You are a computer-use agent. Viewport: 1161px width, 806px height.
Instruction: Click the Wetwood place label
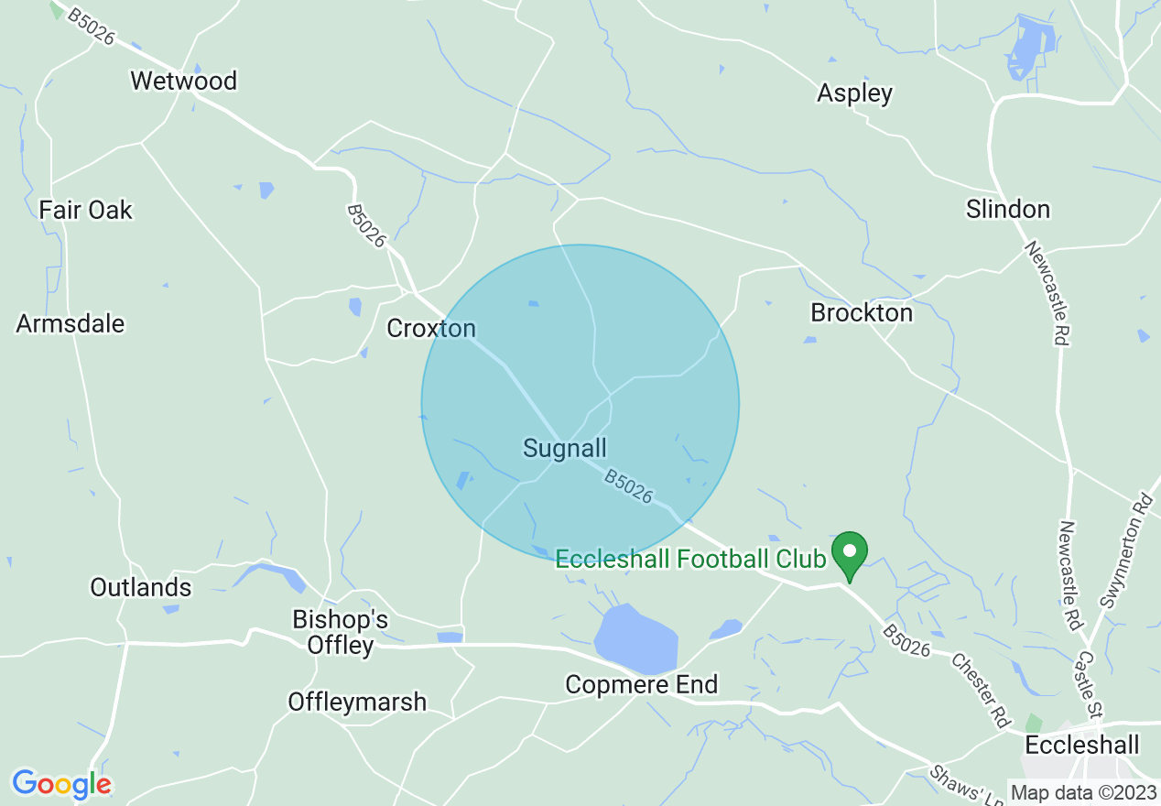(x=183, y=81)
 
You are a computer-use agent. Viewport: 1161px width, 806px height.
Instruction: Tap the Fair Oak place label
(x=85, y=210)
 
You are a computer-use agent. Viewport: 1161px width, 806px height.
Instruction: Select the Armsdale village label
(x=70, y=323)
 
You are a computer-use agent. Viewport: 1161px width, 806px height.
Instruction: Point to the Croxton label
(x=431, y=328)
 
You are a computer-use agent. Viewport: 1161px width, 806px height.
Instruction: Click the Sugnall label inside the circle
(x=564, y=448)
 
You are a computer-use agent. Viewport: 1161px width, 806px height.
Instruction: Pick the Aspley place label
(x=854, y=93)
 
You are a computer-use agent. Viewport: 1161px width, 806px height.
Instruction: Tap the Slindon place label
(x=1007, y=209)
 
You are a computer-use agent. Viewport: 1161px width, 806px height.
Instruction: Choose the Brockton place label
(x=862, y=312)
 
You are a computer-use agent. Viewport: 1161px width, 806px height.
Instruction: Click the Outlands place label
(x=140, y=587)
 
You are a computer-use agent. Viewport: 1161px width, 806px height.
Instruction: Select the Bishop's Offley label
(x=340, y=632)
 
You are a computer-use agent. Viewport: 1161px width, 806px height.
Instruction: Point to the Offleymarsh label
(x=357, y=702)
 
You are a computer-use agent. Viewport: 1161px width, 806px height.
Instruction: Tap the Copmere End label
(x=641, y=684)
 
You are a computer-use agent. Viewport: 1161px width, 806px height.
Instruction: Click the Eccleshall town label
(x=1082, y=744)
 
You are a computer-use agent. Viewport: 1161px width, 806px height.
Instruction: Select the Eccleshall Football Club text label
(x=690, y=558)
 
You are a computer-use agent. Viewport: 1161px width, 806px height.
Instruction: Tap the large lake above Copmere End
(x=636, y=639)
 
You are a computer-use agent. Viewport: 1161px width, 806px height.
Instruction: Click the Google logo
(x=61, y=784)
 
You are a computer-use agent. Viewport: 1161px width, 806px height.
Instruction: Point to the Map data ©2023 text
(x=1083, y=792)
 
